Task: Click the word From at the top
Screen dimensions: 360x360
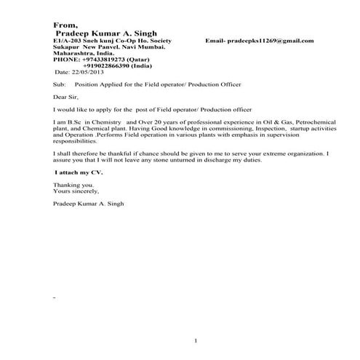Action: click(65, 25)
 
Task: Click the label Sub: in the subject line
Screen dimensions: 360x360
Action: click(60, 85)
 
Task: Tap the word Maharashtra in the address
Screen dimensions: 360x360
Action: click(73, 53)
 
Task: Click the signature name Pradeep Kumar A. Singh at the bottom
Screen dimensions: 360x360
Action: click(89, 204)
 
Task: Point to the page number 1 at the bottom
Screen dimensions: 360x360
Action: click(196, 341)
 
